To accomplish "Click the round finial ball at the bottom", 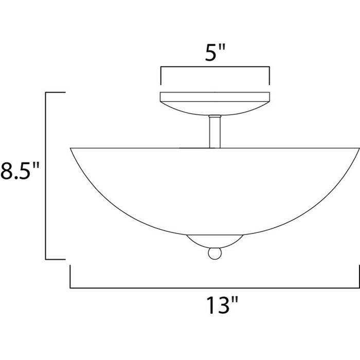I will tap(214, 255).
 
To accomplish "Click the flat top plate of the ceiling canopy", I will tap(214, 96).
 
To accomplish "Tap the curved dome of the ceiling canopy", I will tap(214, 108).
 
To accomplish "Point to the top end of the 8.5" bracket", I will tap(56, 93).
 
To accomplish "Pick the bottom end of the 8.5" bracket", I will tap(56, 259).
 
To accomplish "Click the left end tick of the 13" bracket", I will tap(70, 277).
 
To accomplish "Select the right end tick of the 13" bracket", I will tap(358, 277).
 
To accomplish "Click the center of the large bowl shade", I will tap(214, 190).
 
